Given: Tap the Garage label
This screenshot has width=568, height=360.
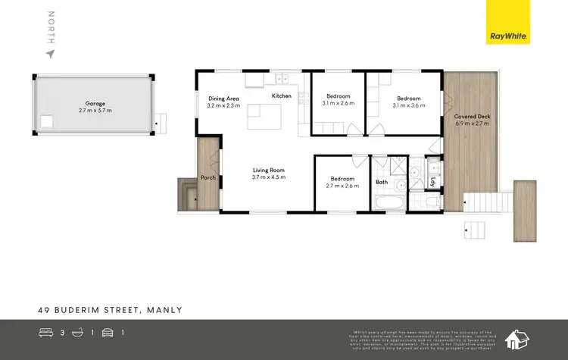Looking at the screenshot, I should tap(95, 102).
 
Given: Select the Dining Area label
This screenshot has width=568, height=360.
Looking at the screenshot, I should tap(223, 99).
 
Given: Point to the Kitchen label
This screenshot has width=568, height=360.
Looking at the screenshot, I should tap(282, 96).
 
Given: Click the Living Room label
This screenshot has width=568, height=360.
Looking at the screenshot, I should tap(268, 171).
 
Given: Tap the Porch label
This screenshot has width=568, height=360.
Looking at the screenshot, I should tap(208, 178).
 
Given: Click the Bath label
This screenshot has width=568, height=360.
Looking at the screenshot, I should tap(382, 182).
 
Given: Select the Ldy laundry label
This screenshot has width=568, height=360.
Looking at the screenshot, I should tap(432, 180).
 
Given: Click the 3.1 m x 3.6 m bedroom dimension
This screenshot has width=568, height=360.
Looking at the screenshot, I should tap(409, 105).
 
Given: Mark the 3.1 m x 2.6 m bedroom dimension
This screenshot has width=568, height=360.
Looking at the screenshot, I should tap(338, 105).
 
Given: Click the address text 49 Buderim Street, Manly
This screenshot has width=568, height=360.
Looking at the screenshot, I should tap(111, 309).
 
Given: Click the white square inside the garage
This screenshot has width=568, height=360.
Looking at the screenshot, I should tap(47, 120).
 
